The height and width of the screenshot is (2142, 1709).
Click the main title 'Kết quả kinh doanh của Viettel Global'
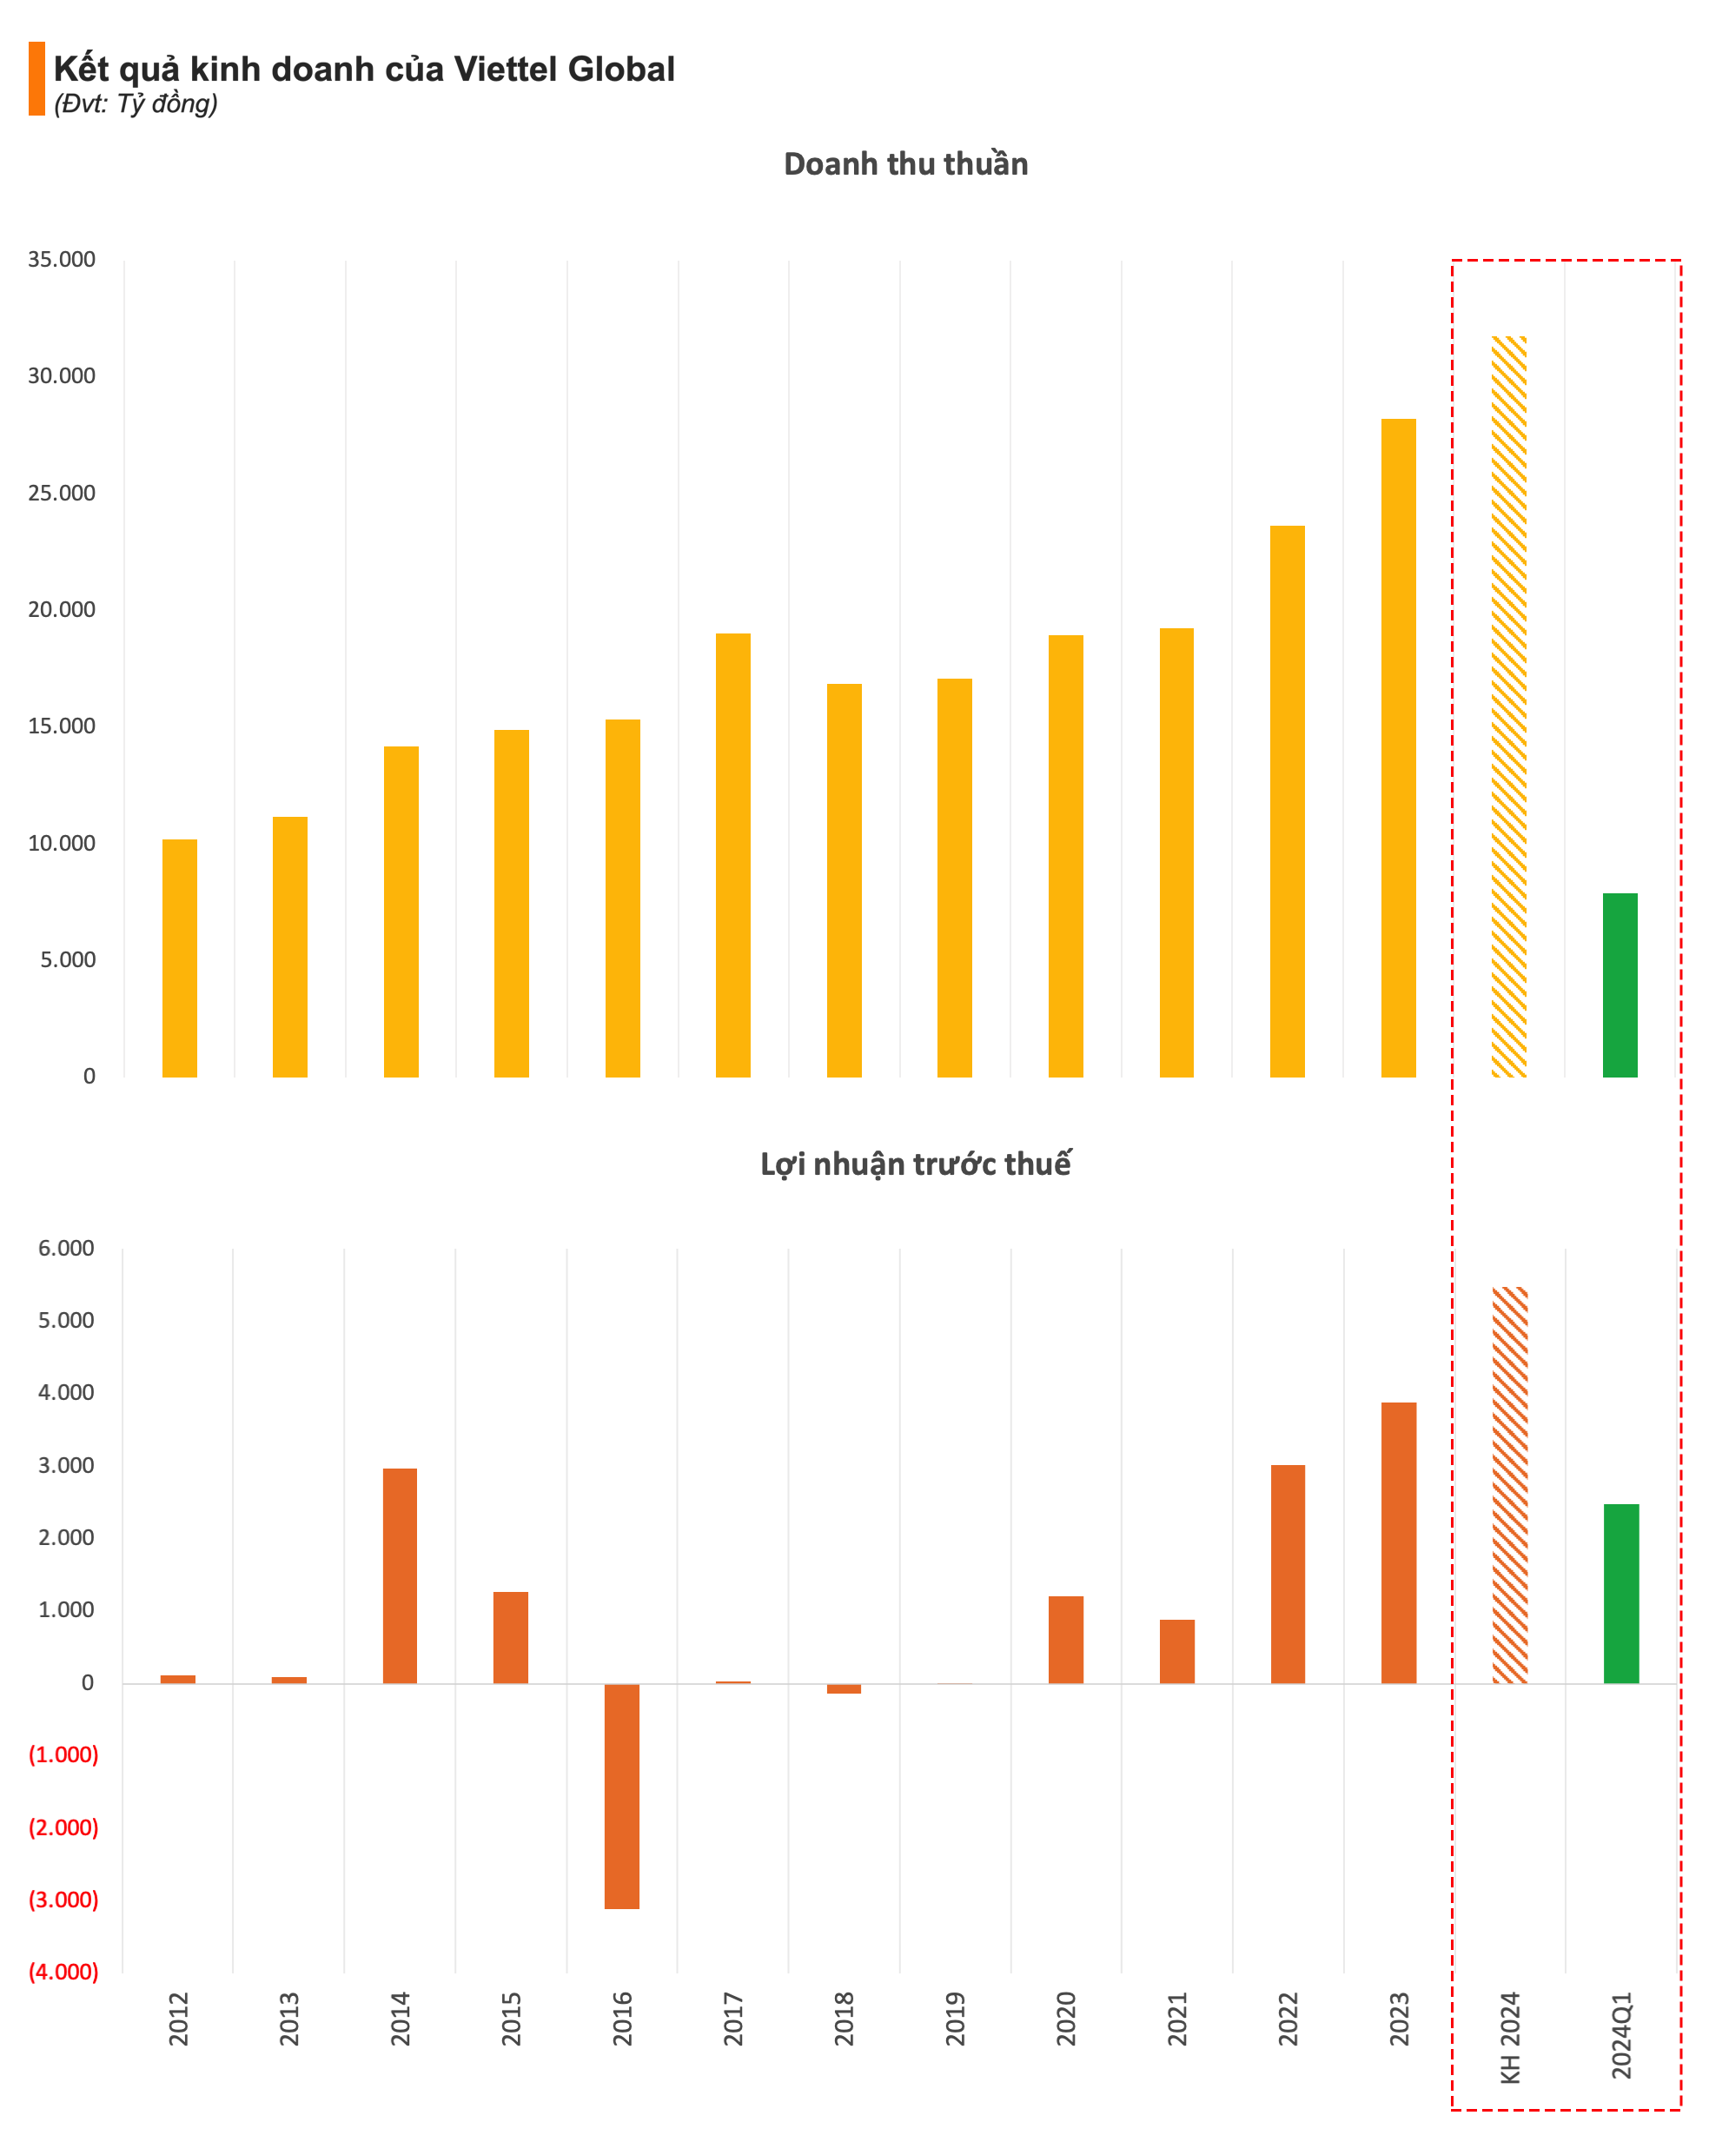(364, 70)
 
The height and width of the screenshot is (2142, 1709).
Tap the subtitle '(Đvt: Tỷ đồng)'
(136, 104)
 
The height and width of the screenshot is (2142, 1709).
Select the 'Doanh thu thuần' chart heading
(905, 164)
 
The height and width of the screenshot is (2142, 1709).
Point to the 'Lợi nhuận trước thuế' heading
(914, 1164)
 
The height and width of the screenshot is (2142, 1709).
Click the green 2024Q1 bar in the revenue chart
(1619, 985)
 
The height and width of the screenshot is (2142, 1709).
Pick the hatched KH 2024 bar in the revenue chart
(1508, 706)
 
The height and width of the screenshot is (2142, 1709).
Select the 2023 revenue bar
(1398, 747)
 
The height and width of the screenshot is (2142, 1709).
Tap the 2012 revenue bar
(180, 958)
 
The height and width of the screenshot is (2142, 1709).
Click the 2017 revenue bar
(733, 854)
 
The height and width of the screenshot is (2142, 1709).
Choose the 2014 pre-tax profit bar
(401, 1575)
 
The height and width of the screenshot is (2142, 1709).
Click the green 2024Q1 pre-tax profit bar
(1620, 1594)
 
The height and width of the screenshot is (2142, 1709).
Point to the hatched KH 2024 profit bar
(1509, 1485)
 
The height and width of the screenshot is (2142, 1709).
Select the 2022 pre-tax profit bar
(1288, 1574)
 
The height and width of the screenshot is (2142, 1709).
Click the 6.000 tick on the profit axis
(67, 1249)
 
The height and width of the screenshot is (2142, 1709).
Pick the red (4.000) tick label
(63, 1972)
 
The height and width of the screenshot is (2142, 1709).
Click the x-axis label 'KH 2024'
(1509, 2037)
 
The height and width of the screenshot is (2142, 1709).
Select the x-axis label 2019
(955, 2019)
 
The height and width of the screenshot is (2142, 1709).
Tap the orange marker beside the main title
(36, 78)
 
